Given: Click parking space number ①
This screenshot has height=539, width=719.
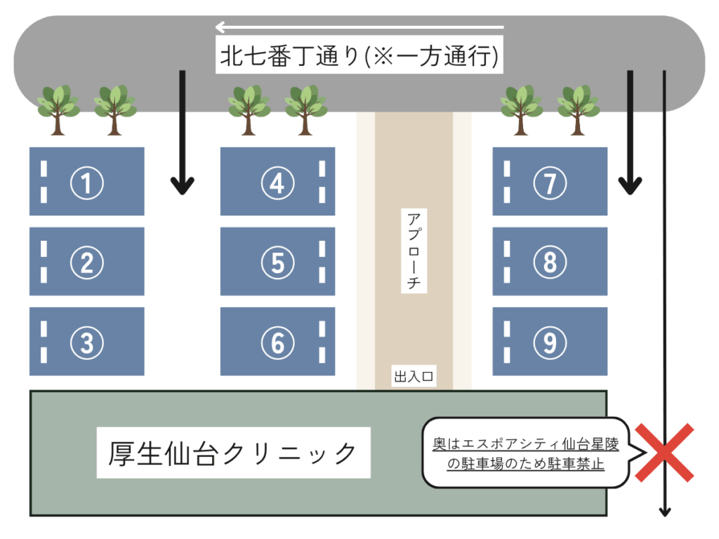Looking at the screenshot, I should click(87, 182).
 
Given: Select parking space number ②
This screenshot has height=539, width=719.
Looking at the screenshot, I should click(87, 262).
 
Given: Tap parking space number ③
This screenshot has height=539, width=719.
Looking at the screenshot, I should click(87, 342).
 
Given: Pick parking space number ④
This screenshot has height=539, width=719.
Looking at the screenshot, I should click(278, 182).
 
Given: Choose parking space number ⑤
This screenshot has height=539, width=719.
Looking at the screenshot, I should click(278, 262).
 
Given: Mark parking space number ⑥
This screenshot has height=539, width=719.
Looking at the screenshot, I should click(278, 342).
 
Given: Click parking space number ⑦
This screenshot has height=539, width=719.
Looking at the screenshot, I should click(550, 182).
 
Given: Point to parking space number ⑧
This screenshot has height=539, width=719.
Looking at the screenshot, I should click(550, 262).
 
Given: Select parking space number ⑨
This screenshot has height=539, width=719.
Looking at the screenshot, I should click(550, 342).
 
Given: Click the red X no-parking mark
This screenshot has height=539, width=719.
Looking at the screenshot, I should click(664, 453).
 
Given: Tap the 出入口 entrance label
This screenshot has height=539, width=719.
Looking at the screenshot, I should click(414, 378).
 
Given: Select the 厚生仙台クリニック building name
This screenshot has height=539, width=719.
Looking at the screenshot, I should click(233, 453).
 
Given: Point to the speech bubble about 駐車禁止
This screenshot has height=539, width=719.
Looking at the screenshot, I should click(525, 453).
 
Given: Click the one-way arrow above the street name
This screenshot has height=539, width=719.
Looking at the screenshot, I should click(359, 28).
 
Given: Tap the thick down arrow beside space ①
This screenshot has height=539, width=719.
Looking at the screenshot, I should click(183, 133).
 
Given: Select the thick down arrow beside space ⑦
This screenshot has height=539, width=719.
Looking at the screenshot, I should click(630, 133).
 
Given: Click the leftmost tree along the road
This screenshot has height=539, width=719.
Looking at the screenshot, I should click(58, 109).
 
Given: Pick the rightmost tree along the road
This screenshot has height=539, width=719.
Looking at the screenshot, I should click(578, 109).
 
